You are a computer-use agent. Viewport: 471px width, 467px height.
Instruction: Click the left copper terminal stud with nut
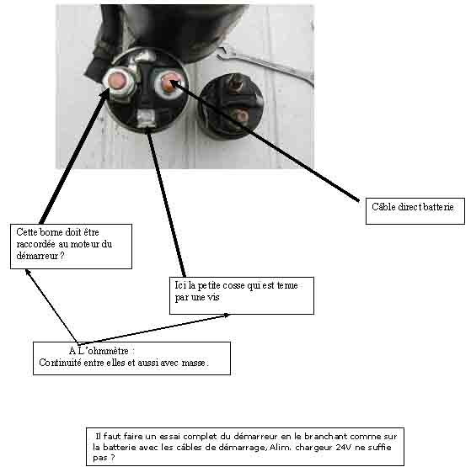click(118, 82)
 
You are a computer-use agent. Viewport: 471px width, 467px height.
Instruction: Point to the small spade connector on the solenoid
click(147, 119)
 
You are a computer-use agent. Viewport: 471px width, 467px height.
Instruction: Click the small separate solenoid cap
click(231, 107)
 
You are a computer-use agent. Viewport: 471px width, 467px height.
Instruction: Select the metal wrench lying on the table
click(265, 64)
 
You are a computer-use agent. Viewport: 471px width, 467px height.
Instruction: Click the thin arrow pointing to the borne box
click(51, 306)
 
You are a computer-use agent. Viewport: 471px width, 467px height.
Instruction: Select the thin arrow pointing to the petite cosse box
click(153, 329)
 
